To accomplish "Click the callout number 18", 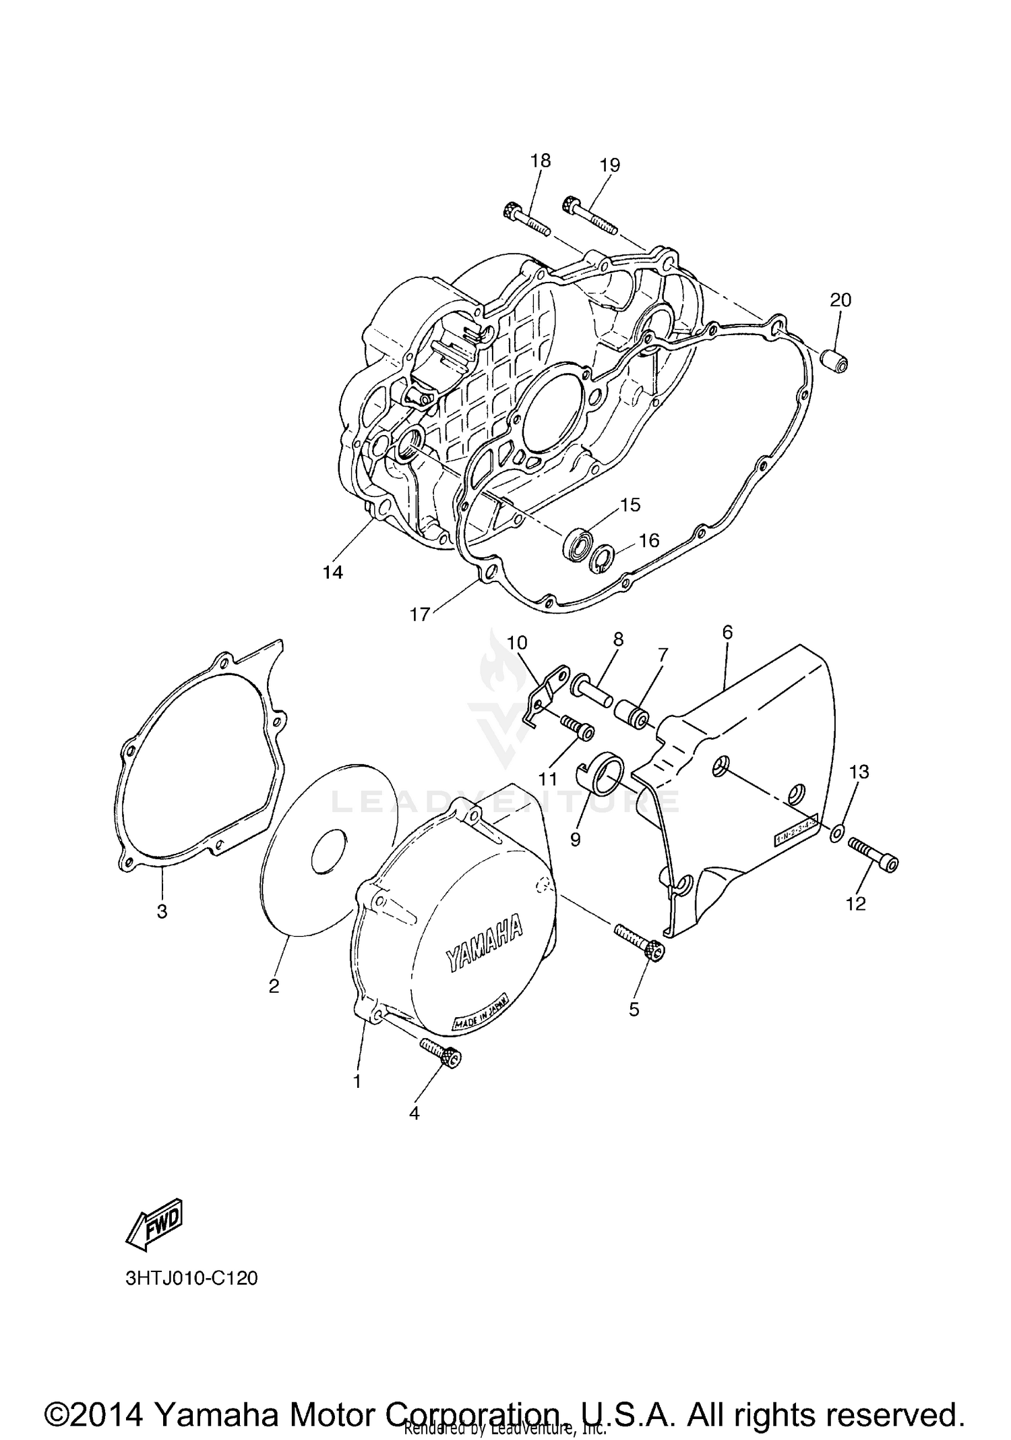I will tap(540, 161).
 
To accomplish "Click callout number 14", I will tap(332, 572).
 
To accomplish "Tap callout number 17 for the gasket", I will tap(419, 614).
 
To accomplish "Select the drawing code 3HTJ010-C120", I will tap(191, 1277).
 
